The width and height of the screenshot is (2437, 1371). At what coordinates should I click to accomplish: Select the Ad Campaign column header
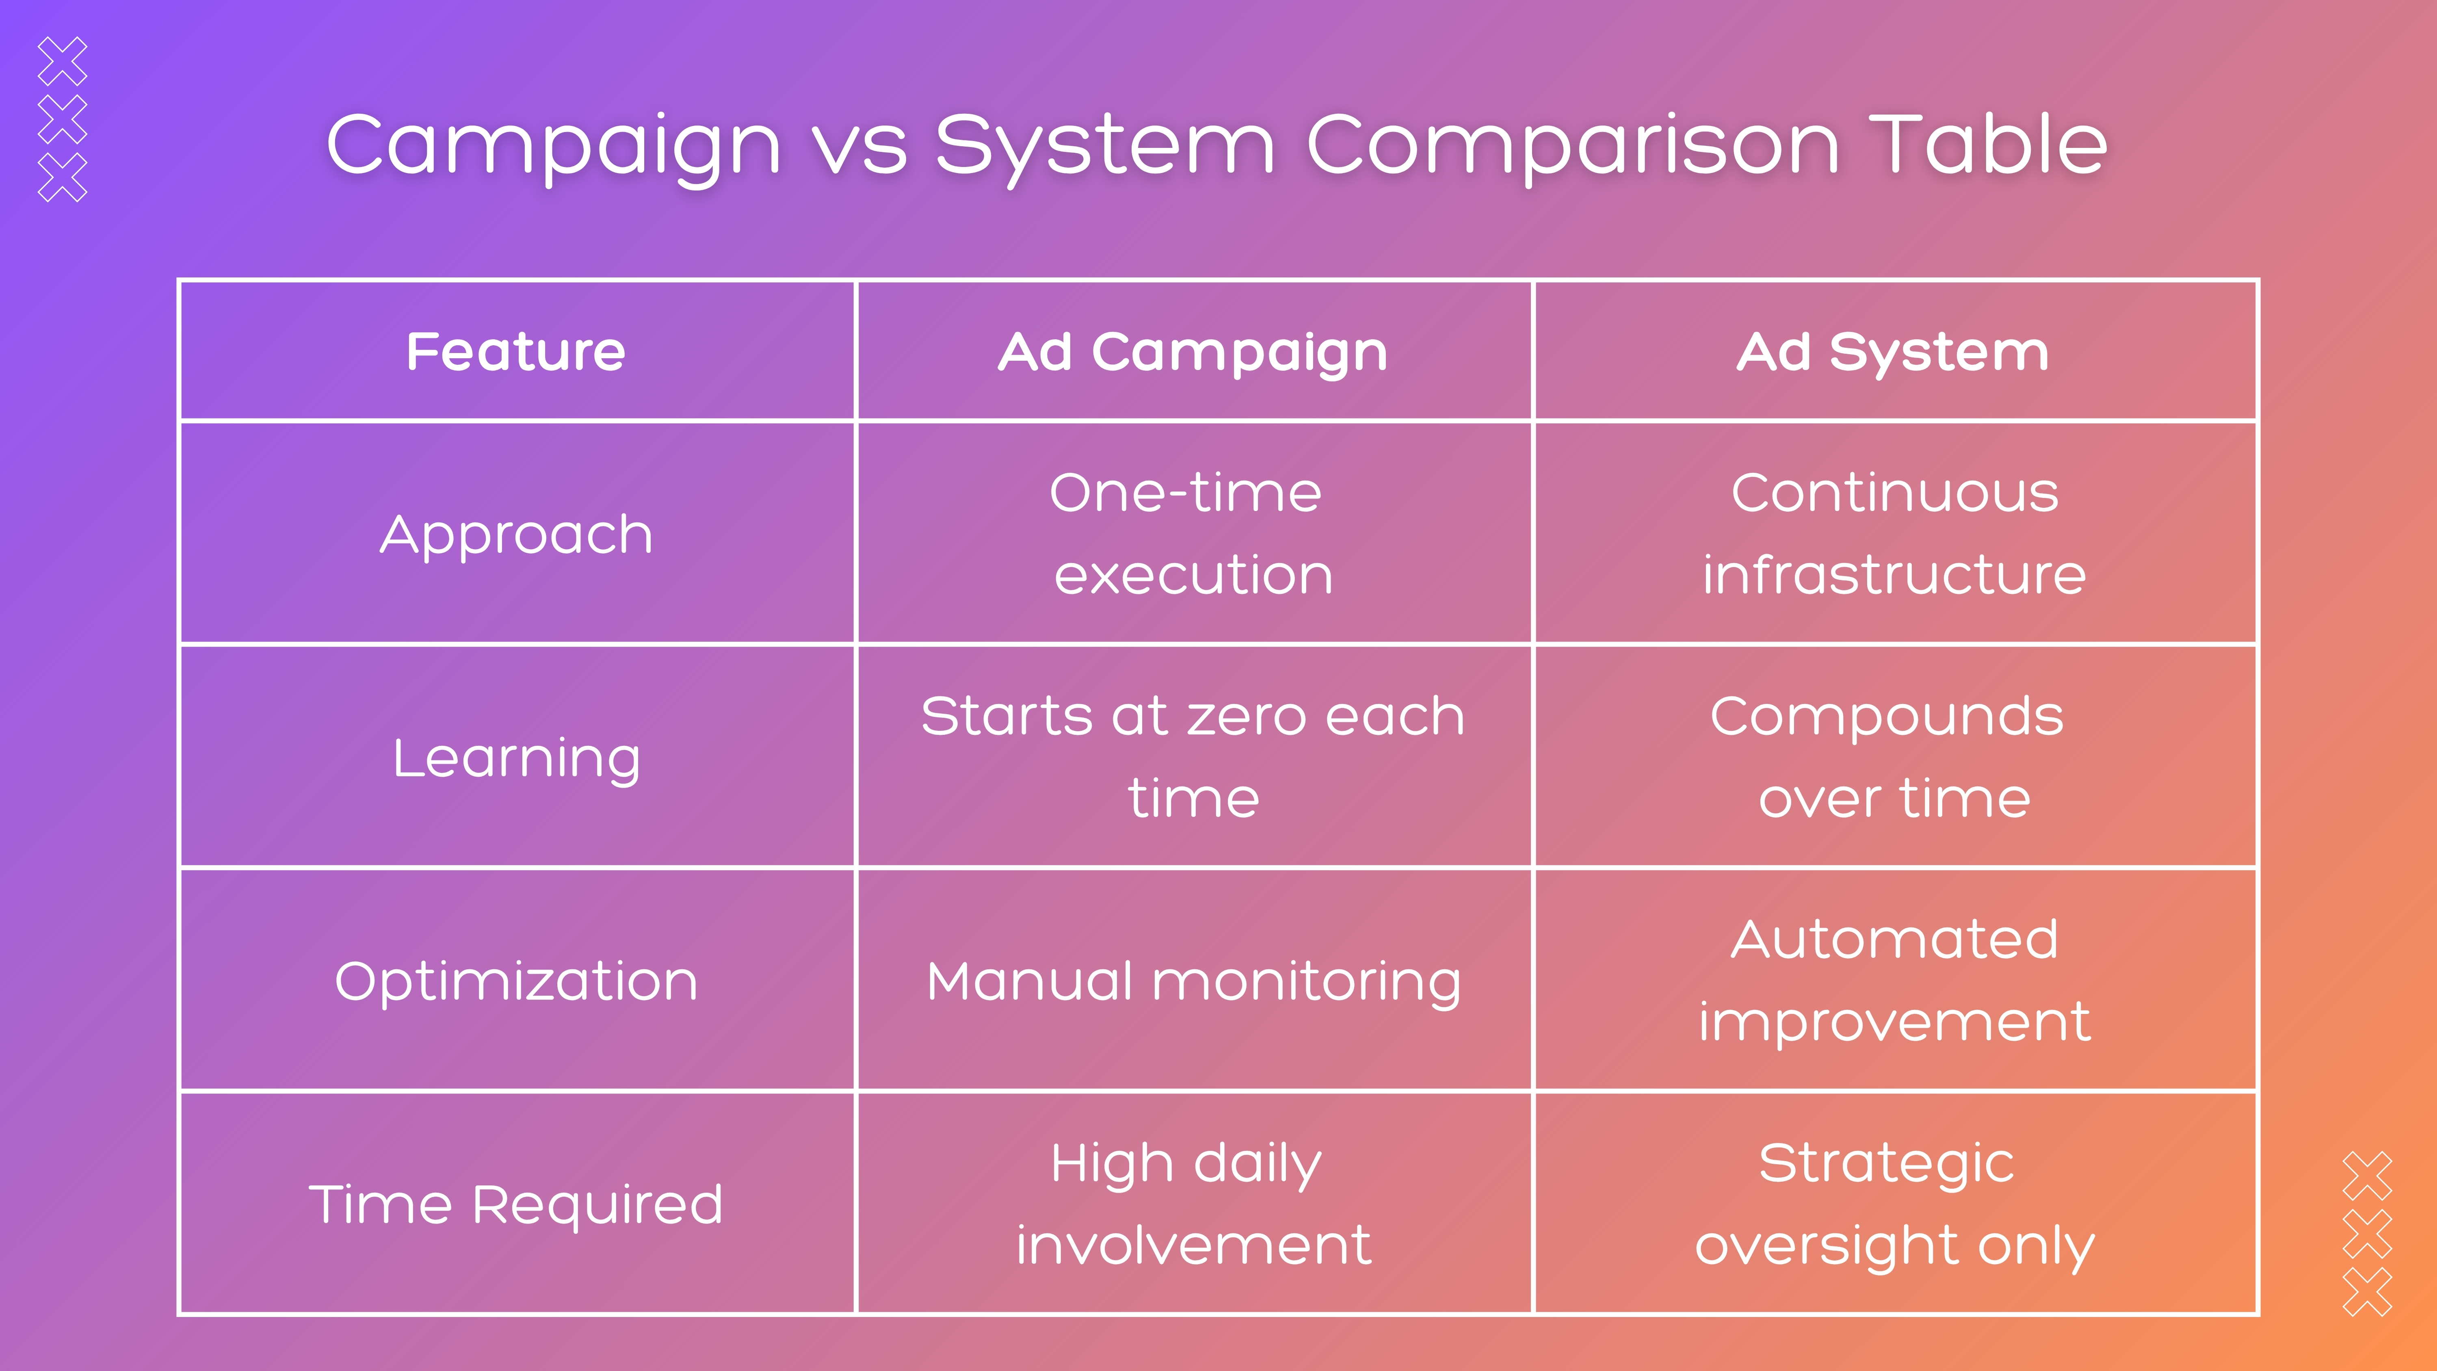pos(1193,352)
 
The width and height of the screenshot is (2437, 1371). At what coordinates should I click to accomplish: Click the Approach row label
pos(517,535)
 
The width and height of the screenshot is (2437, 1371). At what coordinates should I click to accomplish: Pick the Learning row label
pos(517,758)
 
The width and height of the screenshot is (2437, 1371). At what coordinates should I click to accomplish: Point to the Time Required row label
pos(517,1204)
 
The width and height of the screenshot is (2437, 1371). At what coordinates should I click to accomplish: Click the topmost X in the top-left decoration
pos(63,61)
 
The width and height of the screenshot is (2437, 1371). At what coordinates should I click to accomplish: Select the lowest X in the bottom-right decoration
pos(2367,1291)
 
